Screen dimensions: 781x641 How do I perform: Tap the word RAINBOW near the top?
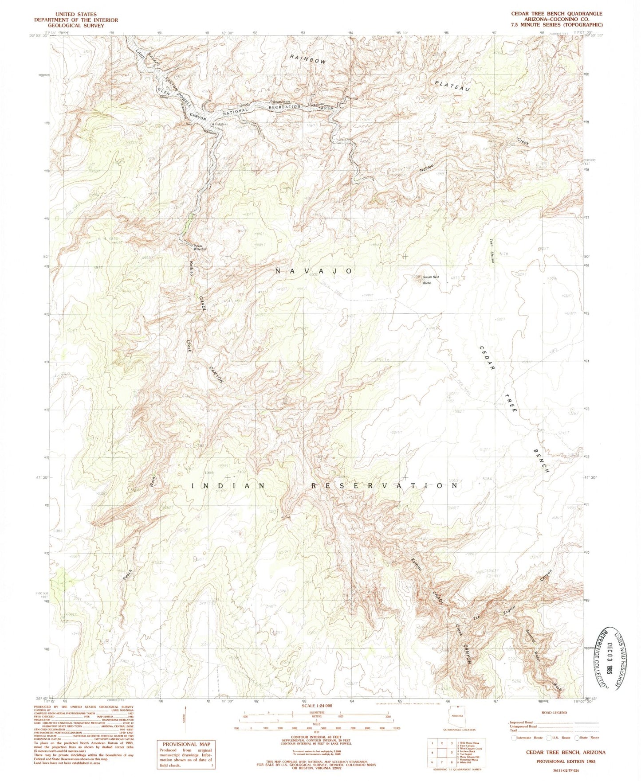[x=308, y=59]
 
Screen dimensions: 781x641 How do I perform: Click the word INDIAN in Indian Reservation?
[x=228, y=486]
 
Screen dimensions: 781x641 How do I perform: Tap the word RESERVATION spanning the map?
[x=384, y=486]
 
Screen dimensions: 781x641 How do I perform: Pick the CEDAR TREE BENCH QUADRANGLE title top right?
[x=557, y=14]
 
